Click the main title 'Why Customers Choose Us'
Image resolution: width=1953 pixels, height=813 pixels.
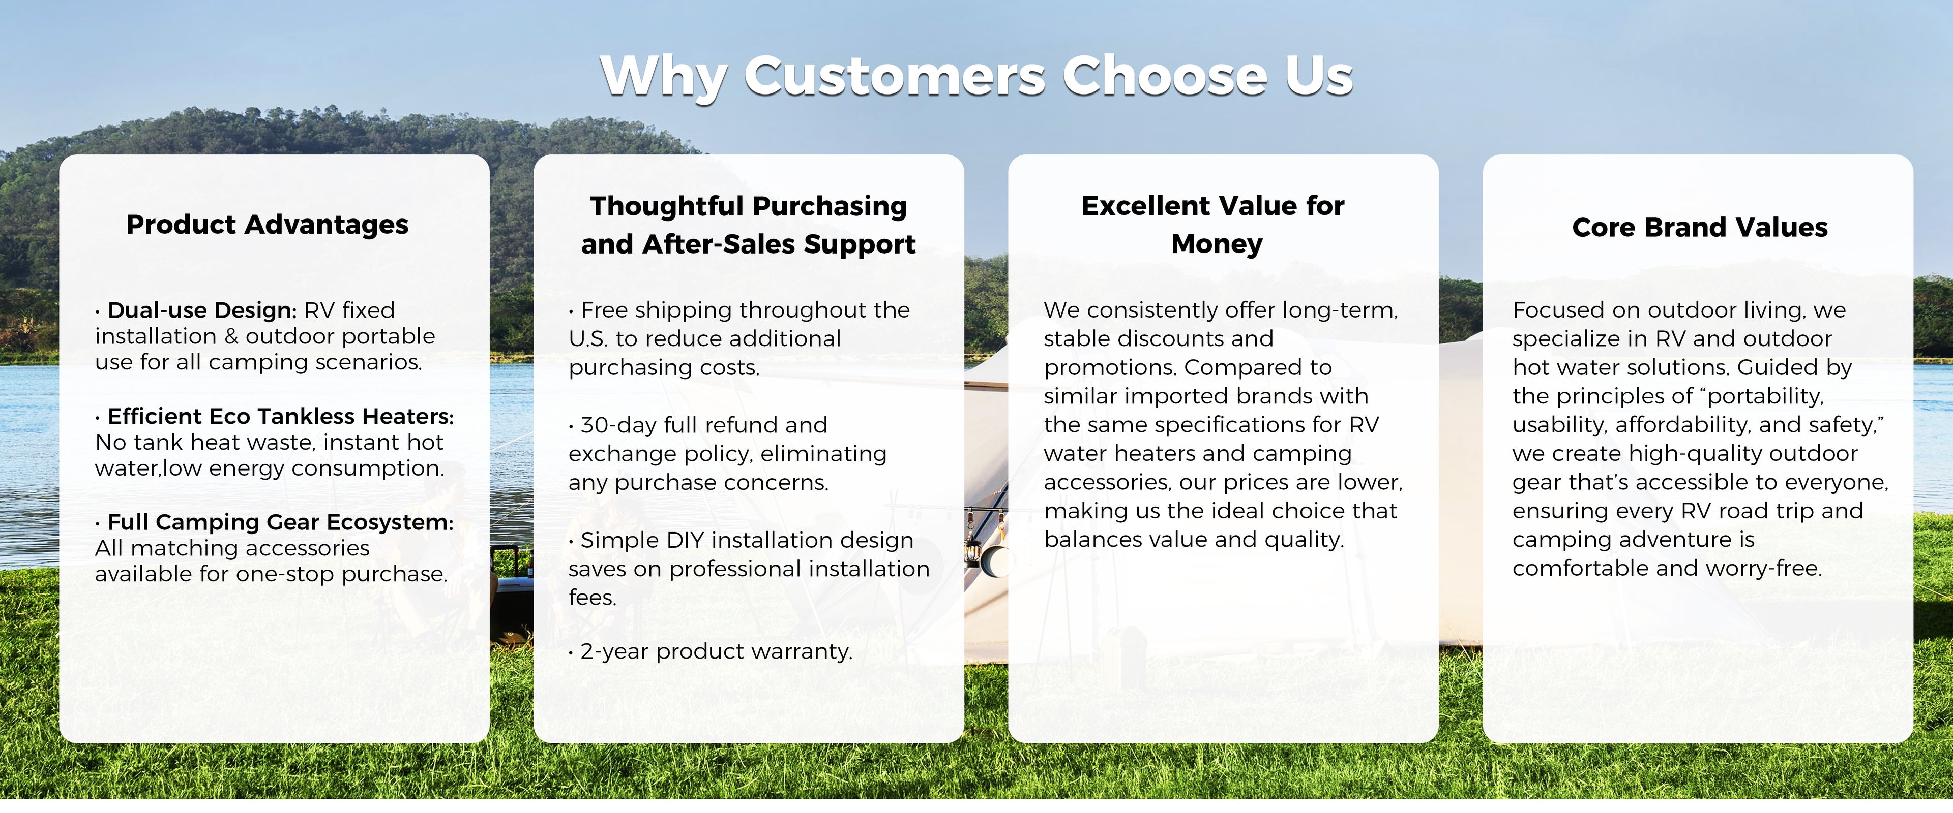pos(976,77)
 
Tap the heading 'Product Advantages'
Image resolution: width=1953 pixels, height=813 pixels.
pos(267,225)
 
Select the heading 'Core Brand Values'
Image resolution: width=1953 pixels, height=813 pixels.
pos(1700,227)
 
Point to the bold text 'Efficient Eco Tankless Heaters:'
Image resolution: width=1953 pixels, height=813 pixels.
pos(281,416)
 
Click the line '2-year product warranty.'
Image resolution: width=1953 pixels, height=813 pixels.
pos(717,651)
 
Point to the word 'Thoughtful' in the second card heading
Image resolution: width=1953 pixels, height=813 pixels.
pos(667,206)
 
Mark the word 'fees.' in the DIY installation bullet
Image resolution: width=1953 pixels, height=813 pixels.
pos(592,598)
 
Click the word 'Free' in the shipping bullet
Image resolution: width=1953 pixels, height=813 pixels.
pos(604,310)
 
